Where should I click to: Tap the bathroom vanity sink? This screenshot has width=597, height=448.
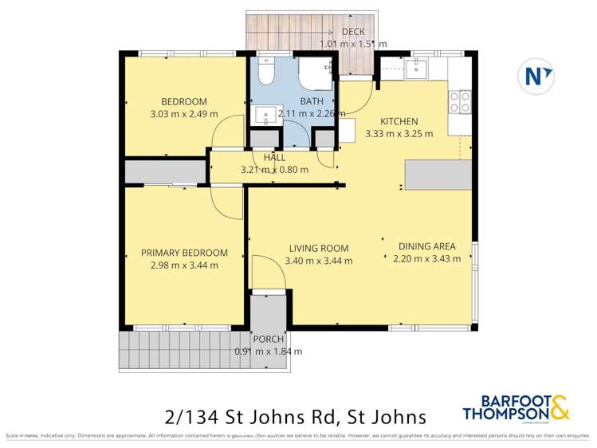[x=266, y=115]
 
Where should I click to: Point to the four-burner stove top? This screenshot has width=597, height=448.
[x=459, y=101]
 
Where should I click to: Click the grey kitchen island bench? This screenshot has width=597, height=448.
[x=437, y=175]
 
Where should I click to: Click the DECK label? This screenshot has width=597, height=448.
[x=352, y=32]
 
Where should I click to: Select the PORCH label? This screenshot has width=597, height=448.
[x=268, y=339]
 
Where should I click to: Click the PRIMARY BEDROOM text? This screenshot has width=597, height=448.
[x=184, y=253]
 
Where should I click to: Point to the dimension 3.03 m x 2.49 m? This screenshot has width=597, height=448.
[x=184, y=114]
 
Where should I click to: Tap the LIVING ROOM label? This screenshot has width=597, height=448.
[x=319, y=248]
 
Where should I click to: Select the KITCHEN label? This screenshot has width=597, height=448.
[x=399, y=121]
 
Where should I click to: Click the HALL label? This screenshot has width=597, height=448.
[x=274, y=158]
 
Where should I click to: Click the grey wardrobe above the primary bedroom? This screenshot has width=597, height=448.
[x=165, y=172]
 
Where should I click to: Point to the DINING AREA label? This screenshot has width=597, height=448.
[x=426, y=246]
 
